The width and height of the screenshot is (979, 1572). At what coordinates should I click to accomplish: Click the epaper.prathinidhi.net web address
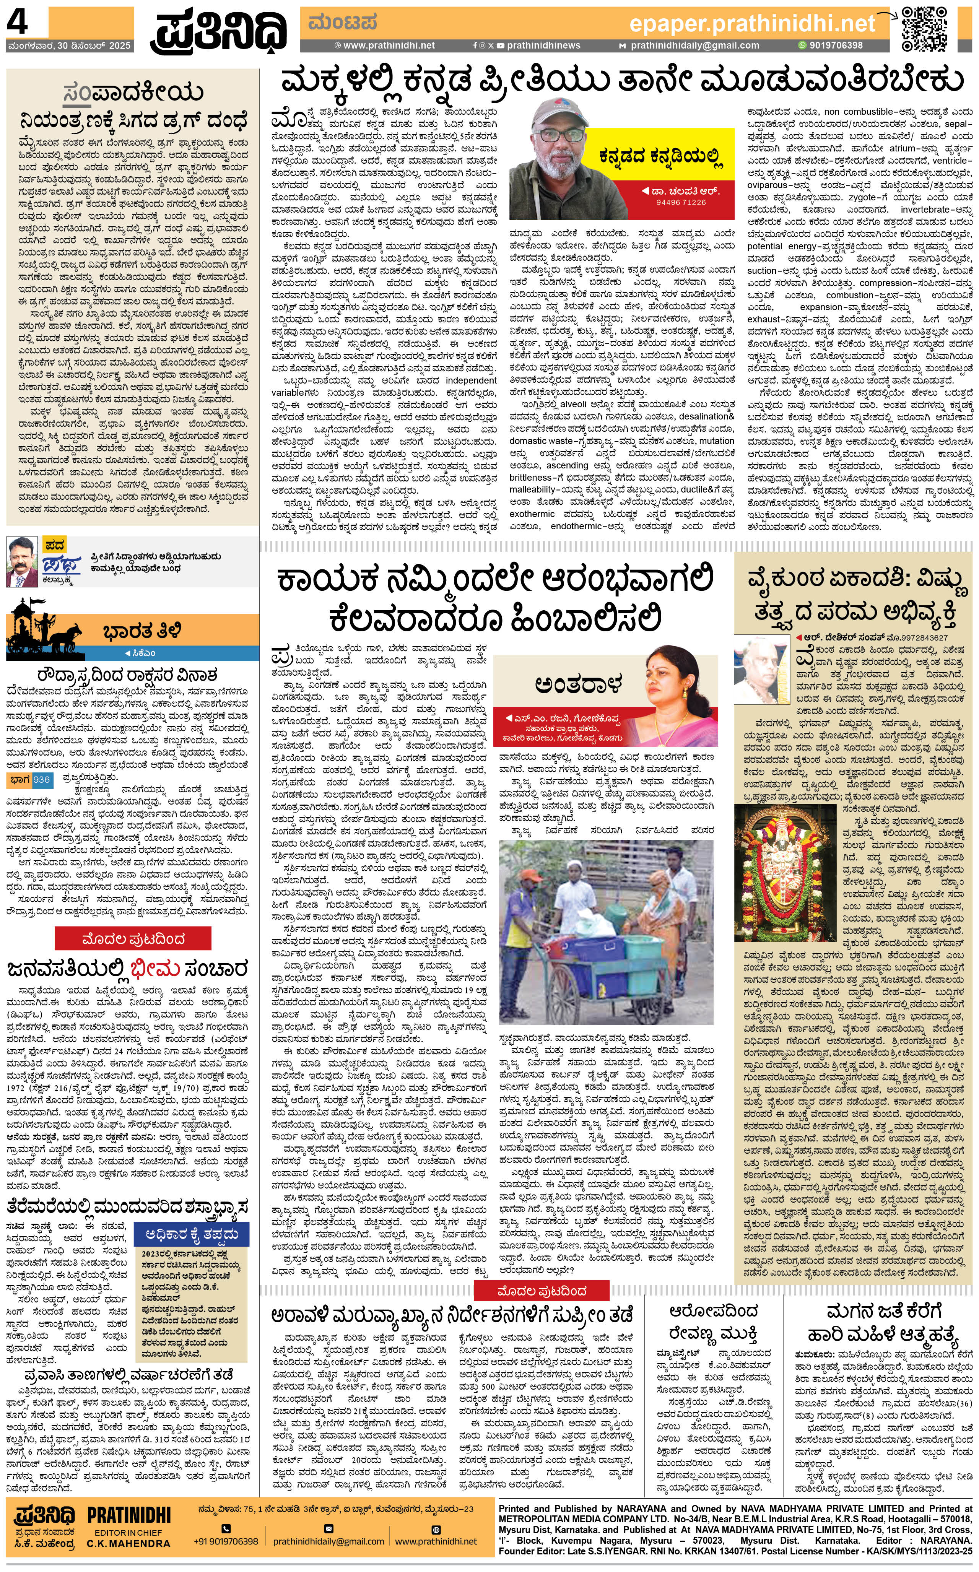752,24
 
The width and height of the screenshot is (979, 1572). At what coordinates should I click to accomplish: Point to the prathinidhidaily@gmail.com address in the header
694,46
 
